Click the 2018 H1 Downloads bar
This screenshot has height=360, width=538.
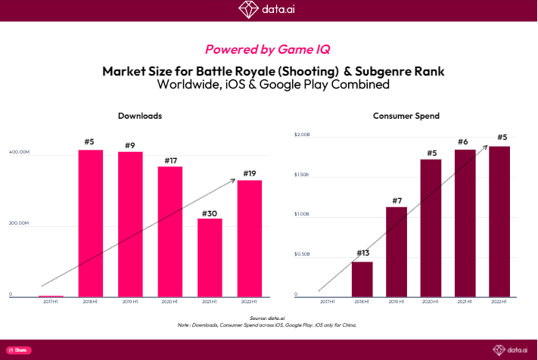click(91, 223)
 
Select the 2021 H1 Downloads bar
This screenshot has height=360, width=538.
click(210, 257)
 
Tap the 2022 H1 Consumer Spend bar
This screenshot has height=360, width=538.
click(499, 221)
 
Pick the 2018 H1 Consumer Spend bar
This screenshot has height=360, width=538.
click(362, 279)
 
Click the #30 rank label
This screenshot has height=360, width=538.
click(210, 213)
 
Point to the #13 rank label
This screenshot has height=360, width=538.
click(362, 254)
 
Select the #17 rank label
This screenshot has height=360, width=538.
click(169, 160)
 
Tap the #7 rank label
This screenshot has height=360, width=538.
click(397, 200)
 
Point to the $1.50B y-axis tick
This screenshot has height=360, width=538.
click(301, 175)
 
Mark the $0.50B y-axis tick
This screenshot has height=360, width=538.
click(301, 254)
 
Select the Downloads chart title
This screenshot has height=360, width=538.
click(140, 116)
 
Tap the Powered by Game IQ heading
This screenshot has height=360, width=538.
click(269, 49)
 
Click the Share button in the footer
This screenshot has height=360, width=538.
click(19, 350)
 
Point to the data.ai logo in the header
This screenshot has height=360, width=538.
click(269, 9)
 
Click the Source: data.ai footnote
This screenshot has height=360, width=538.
click(269, 318)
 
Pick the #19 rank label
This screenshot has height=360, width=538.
click(250, 174)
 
